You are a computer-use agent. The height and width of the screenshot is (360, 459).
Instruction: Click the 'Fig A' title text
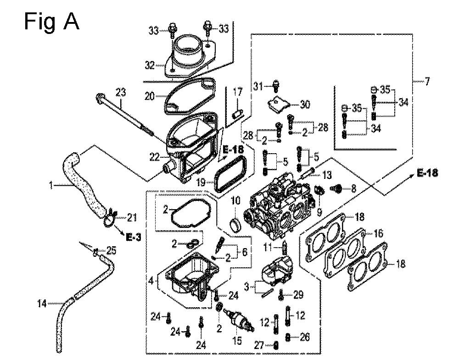pyautogui.click(x=51, y=22)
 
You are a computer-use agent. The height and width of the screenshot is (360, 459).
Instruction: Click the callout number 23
pyautogui.click(x=121, y=93)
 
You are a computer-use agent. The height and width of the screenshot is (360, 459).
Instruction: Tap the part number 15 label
pyautogui.click(x=237, y=340)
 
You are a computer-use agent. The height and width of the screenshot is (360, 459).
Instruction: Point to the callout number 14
pyautogui.click(x=42, y=304)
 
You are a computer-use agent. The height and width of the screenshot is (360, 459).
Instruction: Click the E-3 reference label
pyautogui.click(x=134, y=237)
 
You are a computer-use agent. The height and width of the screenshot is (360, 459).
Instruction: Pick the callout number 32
pyautogui.click(x=150, y=65)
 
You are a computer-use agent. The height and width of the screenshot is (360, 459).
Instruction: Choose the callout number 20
pyautogui.click(x=150, y=96)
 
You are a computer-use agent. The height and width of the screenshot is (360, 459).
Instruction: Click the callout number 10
pyautogui.click(x=235, y=200)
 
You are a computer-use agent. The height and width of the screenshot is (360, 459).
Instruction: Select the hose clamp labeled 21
pyautogui.click(x=109, y=218)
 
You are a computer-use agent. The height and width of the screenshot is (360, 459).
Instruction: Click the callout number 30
pyautogui.click(x=305, y=105)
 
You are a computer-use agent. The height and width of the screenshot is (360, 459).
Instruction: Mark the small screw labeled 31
pyautogui.click(x=275, y=86)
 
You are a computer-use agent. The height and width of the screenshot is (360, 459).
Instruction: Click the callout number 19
pyautogui.click(x=201, y=183)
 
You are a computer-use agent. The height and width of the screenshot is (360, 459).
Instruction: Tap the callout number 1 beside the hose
pyautogui.click(x=51, y=185)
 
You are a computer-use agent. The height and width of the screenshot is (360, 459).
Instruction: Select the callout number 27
pyautogui.click(x=259, y=346)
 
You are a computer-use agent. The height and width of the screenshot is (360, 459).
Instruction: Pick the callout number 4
pyautogui.click(x=151, y=281)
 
